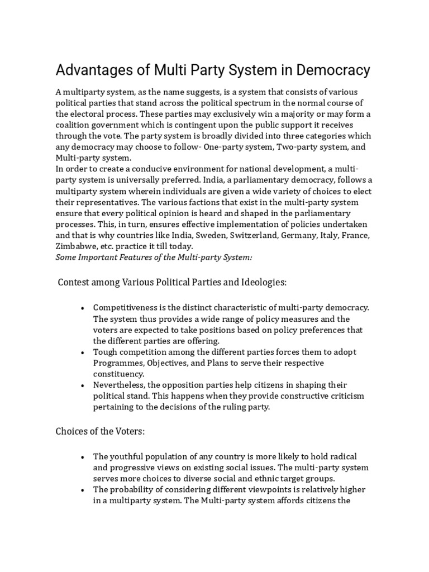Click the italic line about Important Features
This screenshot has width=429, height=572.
tap(154, 257)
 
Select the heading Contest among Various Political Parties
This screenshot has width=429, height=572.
tap(172, 283)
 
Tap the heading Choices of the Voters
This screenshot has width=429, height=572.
tap(100, 431)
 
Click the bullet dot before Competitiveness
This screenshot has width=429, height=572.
tap(82, 308)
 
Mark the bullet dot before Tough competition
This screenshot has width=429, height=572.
tap(82, 352)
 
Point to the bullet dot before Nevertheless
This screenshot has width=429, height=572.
tap(82, 385)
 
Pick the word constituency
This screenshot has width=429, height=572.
tap(118, 374)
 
